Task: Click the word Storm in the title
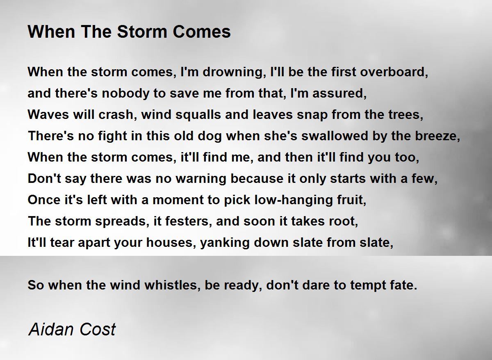[142, 32]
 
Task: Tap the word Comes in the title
[202, 32]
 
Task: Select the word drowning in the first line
[233, 73]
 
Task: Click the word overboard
[394, 72]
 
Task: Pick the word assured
[339, 94]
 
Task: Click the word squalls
[198, 115]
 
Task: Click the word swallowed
[335, 136]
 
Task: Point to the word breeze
[437, 137]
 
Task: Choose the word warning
[201, 179]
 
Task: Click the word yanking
[225, 243]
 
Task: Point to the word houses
[171, 243]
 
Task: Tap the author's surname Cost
[98, 329]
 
